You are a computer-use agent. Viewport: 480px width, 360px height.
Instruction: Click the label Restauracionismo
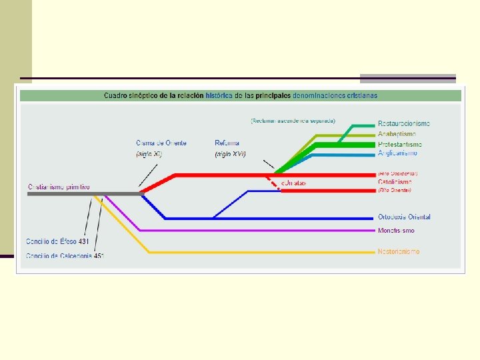403,124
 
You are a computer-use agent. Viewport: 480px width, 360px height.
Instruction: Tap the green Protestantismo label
400,144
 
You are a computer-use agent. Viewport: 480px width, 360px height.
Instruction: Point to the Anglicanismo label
398,153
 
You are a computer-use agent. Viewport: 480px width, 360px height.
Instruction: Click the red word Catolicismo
395,181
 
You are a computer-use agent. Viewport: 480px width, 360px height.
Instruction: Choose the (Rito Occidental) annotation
398,173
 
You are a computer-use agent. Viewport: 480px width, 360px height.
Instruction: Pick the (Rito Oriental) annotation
395,190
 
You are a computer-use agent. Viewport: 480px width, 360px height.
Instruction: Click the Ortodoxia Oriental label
404,217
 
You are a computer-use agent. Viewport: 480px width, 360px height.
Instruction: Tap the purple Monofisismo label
396,231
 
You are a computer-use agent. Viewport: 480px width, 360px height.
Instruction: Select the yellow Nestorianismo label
399,251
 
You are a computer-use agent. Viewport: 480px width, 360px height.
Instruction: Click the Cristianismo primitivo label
59,187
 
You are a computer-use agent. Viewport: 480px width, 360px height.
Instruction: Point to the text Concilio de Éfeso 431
57,241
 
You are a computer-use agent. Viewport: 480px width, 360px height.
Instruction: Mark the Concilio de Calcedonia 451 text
65,255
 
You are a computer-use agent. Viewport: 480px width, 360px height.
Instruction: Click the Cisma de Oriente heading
161,143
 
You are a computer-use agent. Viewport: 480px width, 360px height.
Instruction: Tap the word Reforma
227,143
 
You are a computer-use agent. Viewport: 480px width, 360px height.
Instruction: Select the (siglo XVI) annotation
231,154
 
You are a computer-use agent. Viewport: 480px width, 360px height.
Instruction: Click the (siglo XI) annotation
149,154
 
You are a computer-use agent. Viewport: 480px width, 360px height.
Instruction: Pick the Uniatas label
293,182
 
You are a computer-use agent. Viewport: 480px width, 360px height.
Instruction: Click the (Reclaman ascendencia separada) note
293,121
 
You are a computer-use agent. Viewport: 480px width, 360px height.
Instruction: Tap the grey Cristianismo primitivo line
80,193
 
